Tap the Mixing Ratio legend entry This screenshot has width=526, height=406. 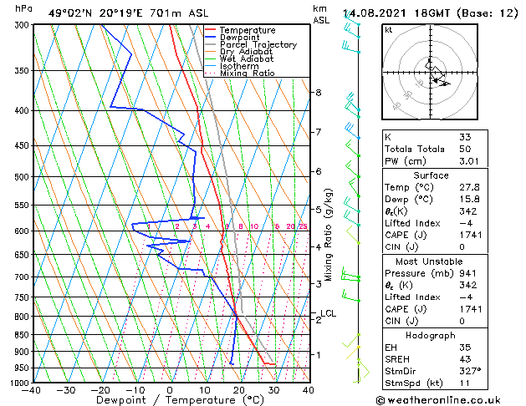247,74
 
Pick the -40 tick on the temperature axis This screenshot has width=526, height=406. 32,390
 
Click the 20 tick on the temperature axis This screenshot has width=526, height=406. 238,390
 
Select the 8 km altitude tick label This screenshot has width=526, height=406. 319,92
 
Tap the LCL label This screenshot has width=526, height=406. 329,314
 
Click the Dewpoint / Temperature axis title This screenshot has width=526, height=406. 169,400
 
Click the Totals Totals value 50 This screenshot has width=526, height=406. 465,148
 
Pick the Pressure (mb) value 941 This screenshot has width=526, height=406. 468,272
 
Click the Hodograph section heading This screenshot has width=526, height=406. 431,335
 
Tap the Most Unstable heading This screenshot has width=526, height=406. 431,261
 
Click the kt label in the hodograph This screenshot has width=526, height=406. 388,29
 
